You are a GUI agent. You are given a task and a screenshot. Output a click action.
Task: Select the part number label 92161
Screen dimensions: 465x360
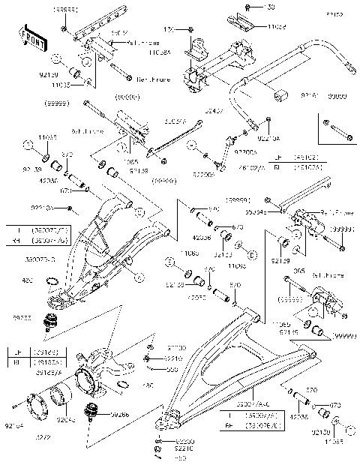312,97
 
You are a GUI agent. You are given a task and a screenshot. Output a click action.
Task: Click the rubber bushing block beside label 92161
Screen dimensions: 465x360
283,96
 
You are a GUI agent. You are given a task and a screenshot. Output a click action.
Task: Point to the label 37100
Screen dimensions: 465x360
177,349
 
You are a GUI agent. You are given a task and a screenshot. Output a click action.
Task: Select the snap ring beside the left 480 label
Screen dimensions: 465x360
52,283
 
